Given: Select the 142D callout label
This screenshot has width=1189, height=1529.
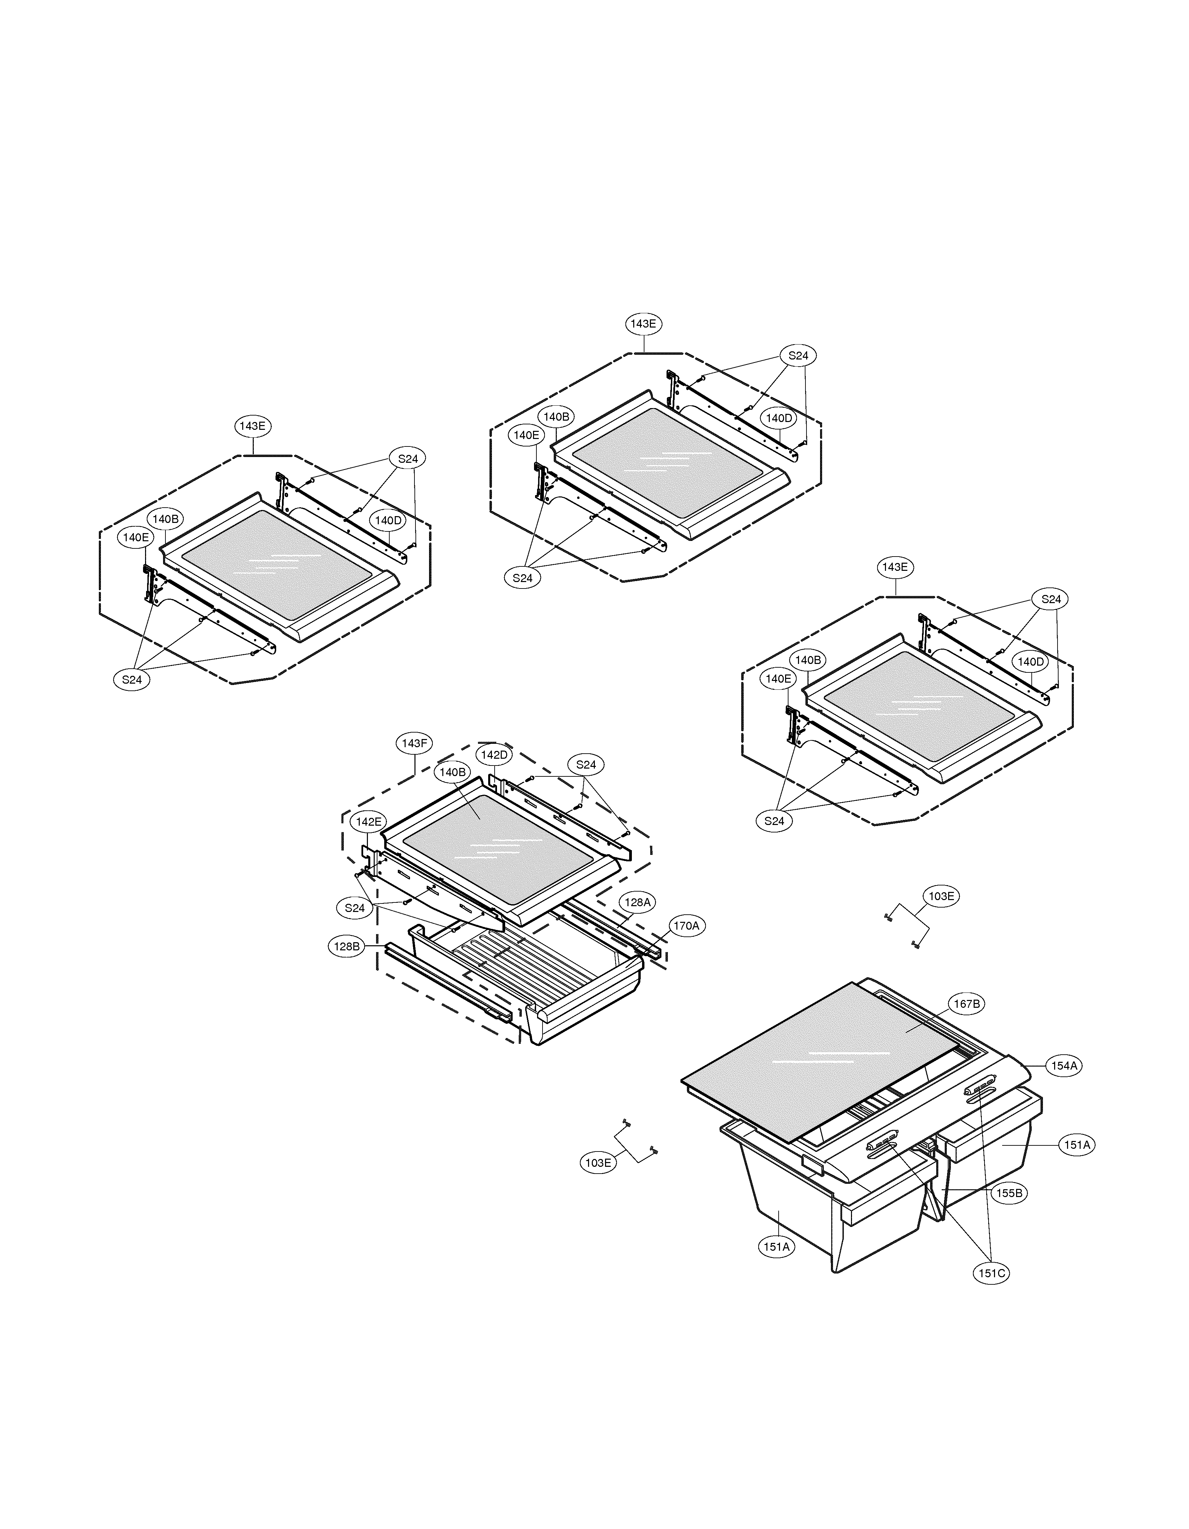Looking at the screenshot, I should pyautogui.click(x=493, y=755).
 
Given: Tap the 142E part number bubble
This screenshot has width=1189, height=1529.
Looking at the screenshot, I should pyautogui.click(x=368, y=822).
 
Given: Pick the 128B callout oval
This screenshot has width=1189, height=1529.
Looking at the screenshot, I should pyautogui.click(x=347, y=947).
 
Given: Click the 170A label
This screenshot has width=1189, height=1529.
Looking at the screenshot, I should pyautogui.click(x=686, y=926).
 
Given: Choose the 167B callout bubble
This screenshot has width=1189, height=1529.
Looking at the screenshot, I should pyautogui.click(x=966, y=1004).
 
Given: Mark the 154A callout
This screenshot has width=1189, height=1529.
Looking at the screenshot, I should pyautogui.click(x=1063, y=1066).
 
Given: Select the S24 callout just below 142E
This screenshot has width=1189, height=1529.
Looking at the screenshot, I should pyautogui.click(x=355, y=908).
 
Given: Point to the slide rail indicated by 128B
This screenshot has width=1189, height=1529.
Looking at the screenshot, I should pyautogui.click(x=448, y=980).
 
